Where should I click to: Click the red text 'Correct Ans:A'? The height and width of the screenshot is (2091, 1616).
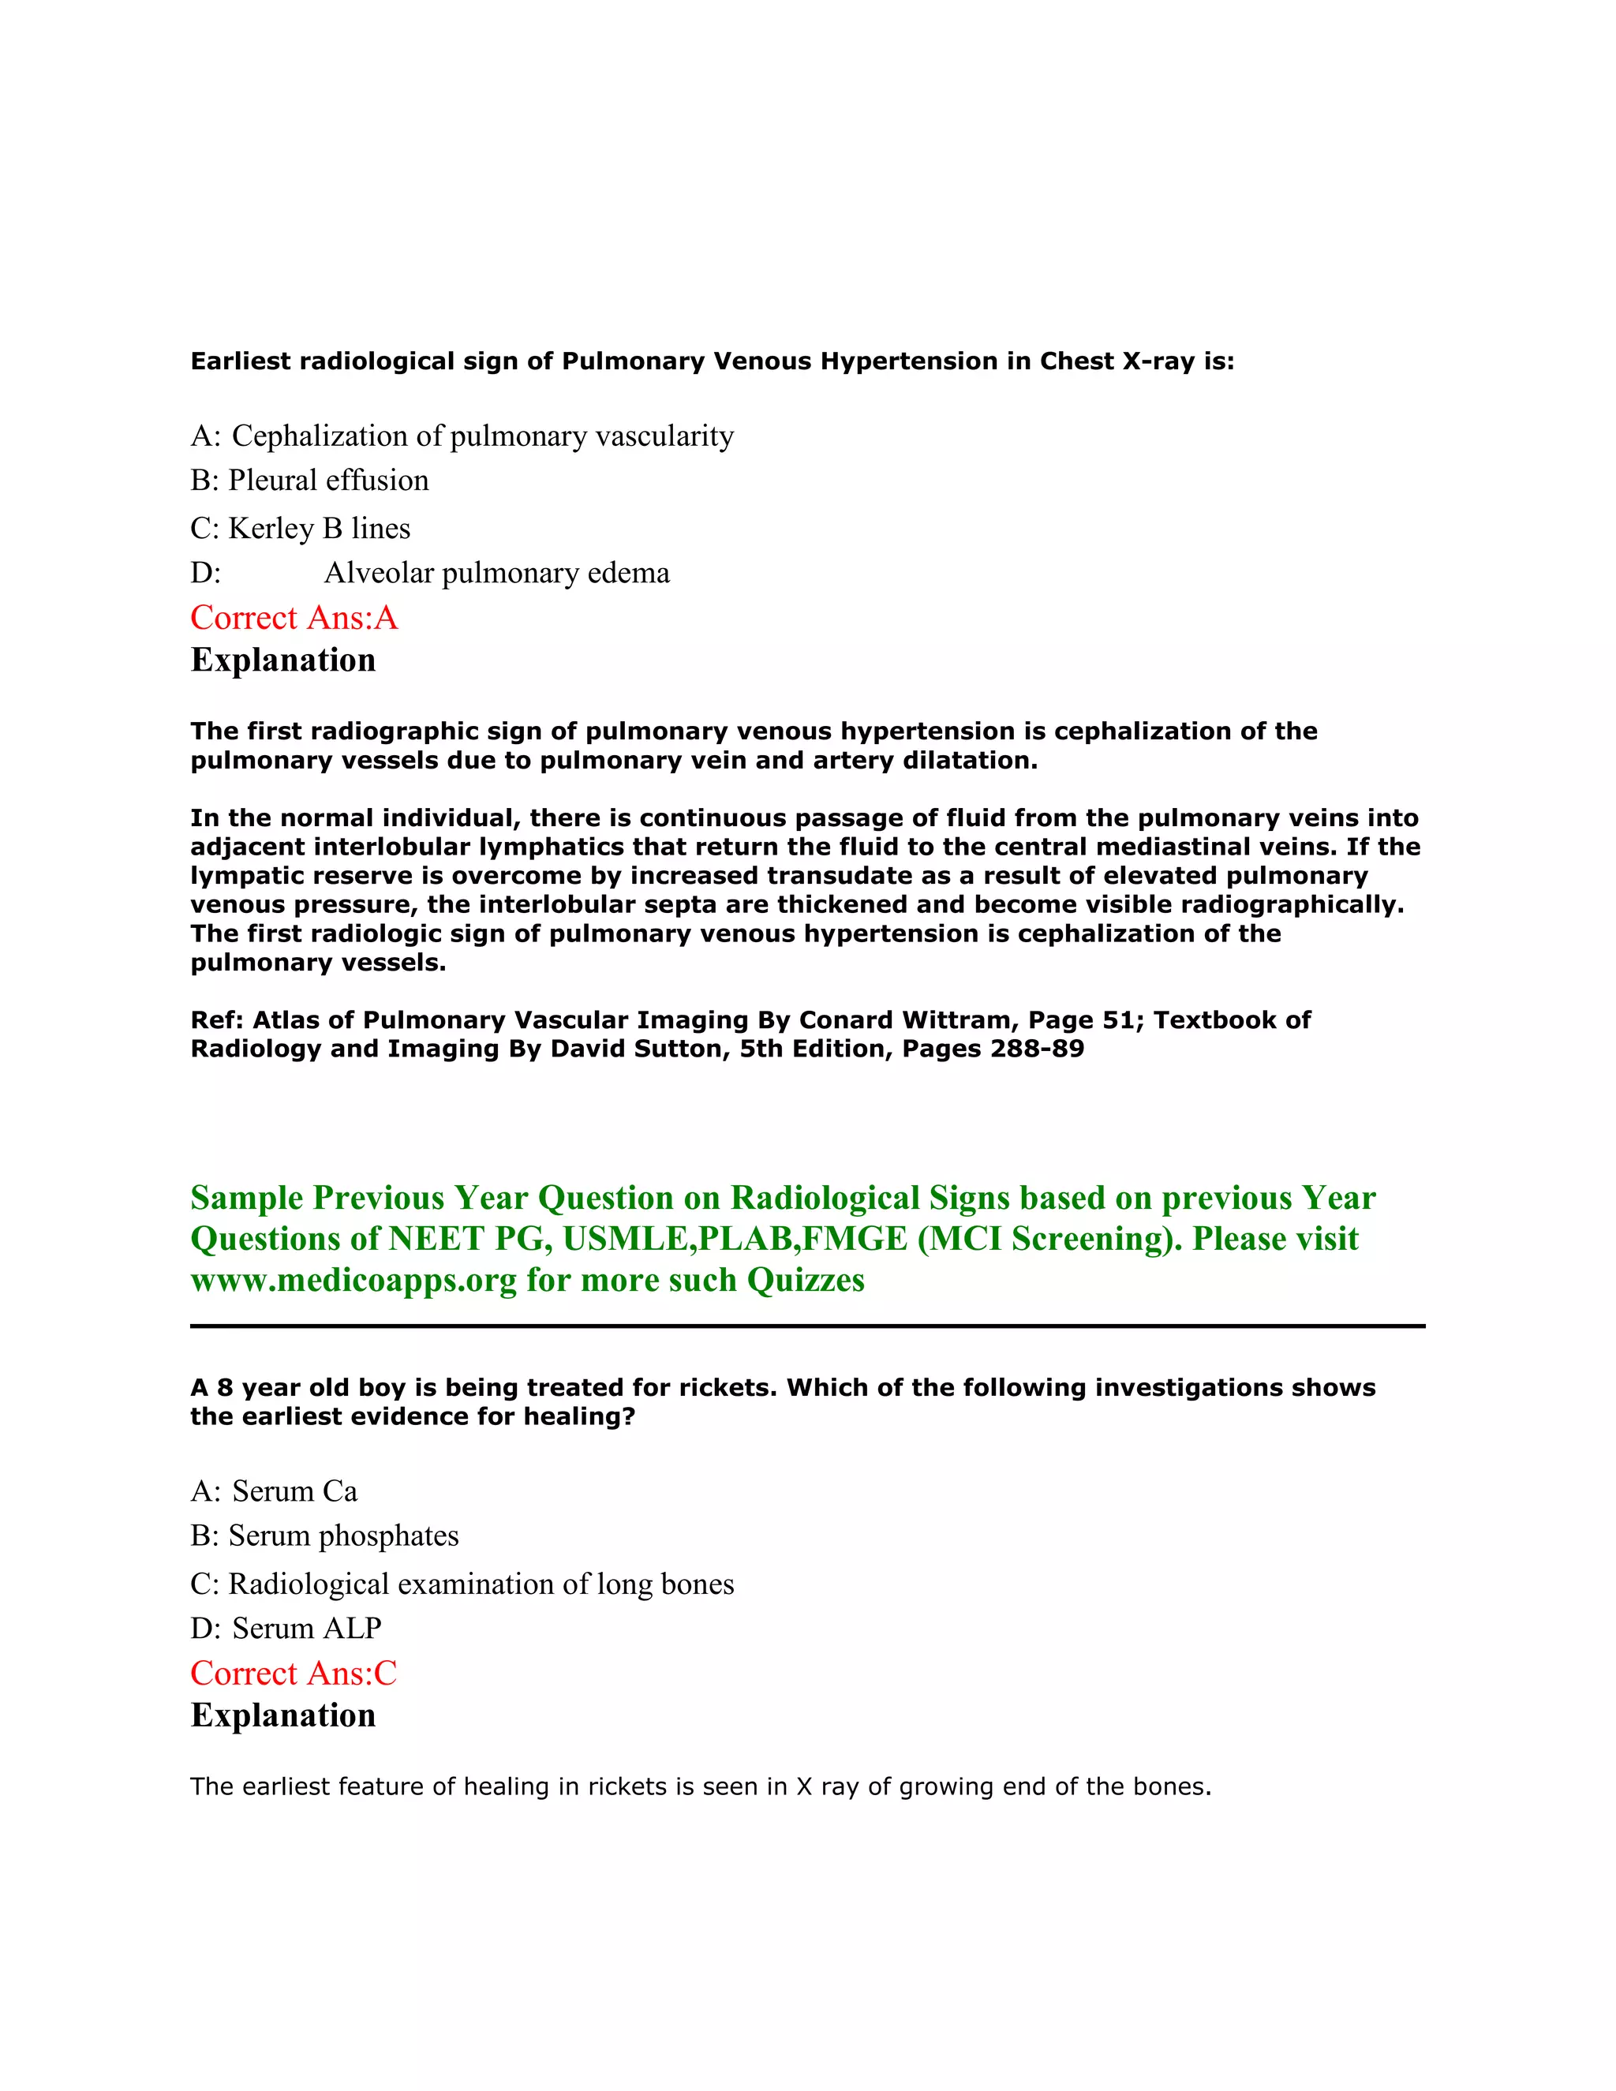[x=294, y=619]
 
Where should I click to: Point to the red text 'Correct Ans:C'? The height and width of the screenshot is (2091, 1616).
[x=293, y=1674]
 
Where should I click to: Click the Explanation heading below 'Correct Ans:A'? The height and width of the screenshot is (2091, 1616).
[x=283, y=660]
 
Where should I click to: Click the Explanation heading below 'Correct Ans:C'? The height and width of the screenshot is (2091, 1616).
[x=283, y=1715]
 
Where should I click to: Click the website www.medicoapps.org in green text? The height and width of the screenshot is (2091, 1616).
[x=353, y=1281]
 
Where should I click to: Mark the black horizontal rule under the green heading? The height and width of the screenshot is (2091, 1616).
[x=807, y=1326]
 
